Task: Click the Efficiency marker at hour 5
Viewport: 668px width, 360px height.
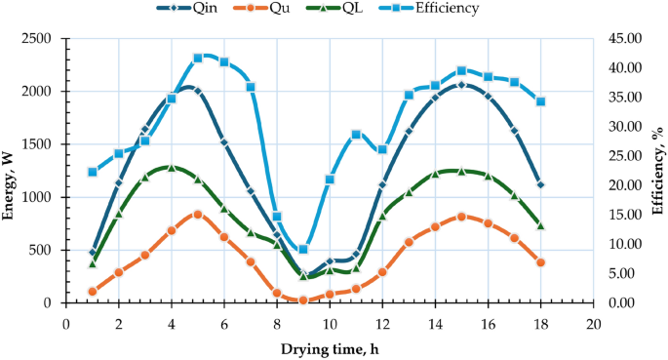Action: coord(198,58)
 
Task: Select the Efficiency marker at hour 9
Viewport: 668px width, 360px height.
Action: coord(303,250)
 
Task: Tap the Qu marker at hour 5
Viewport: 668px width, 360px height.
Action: coord(198,214)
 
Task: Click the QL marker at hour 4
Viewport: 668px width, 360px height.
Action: coord(172,167)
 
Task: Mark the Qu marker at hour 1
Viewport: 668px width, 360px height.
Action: coord(93,291)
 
